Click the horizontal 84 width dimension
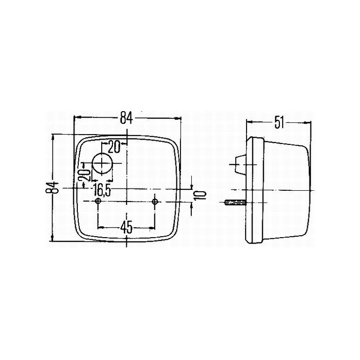127,118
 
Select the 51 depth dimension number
279,123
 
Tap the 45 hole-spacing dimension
126,228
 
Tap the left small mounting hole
98,201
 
